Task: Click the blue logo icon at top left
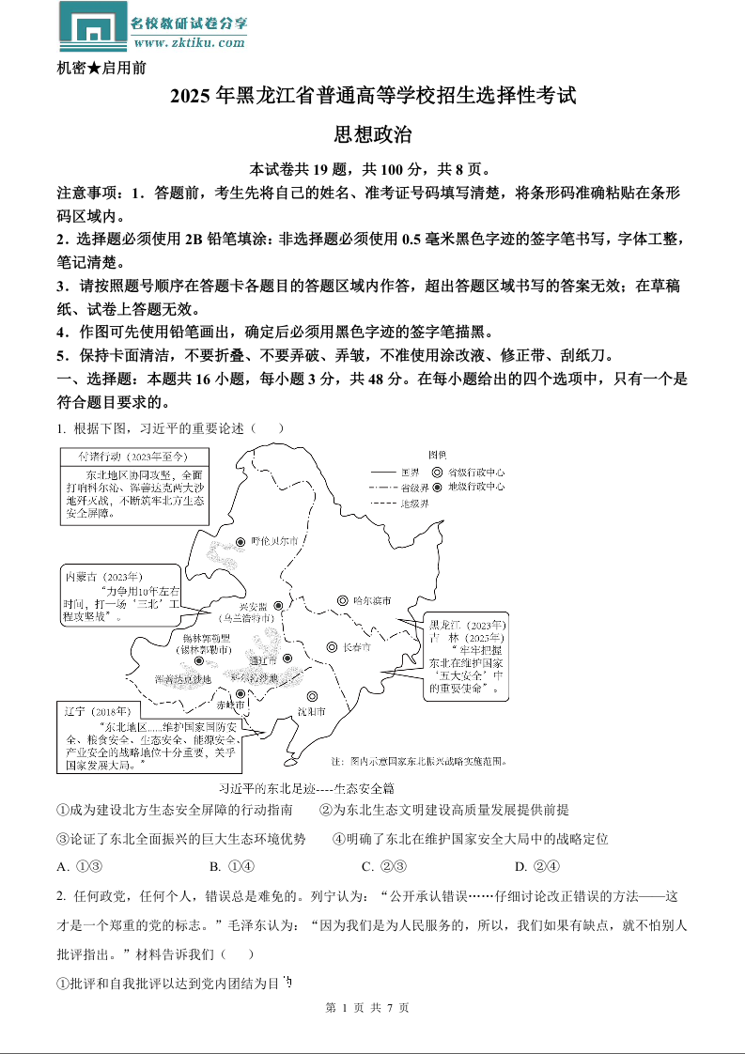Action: pyautogui.click(x=93, y=26)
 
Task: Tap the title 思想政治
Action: pyautogui.click(x=372, y=135)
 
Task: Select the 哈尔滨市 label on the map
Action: pyautogui.click(x=371, y=600)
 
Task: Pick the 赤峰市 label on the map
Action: pyautogui.click(x=229, y=704)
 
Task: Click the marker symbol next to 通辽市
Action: pyautogui.click(x=288, y=659)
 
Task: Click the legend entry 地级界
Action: pyautogui.click(x=414, y=504)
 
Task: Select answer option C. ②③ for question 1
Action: pyautogui.click(x=383, y=866)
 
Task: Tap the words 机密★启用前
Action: pyautogui.click(x=101, y=68)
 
